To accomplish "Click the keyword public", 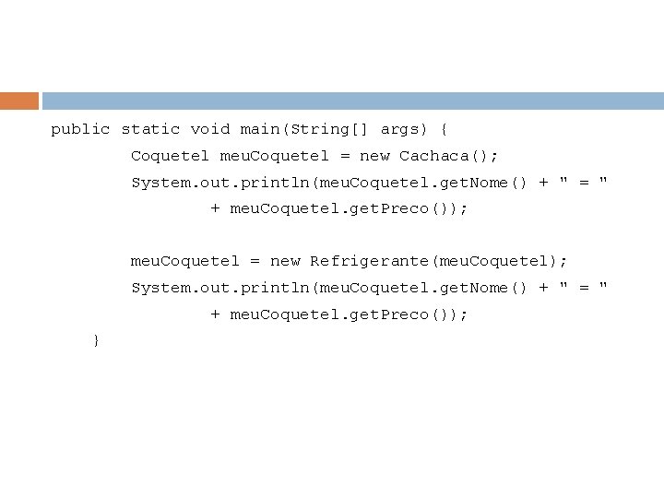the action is [80, 130].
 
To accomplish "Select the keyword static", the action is [150, 130].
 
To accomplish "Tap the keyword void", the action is [210, 130].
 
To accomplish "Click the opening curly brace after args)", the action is [444, 130].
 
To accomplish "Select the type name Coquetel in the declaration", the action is [171, 156].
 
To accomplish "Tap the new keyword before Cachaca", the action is [374, 156].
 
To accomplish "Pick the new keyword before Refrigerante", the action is [285, 262].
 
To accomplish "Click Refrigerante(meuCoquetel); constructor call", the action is [439, 262].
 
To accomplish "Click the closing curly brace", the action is [96, 340].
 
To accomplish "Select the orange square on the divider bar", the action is [19, 101].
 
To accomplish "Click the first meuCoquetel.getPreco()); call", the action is [349, 208].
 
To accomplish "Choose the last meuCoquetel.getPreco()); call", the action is [349, 314].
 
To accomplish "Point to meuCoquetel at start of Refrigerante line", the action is [185, 262].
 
